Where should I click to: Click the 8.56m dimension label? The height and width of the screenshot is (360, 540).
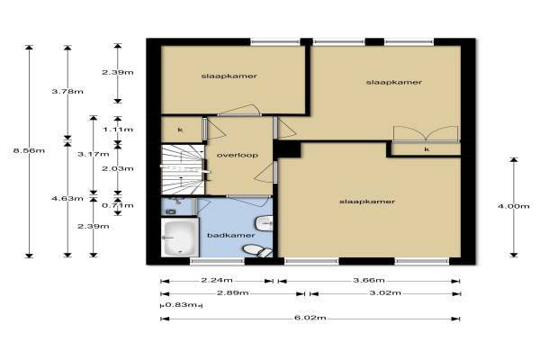pyautogui.click(x=29, y=150)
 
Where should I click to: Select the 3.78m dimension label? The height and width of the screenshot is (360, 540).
pyautogui.click(x=67, y=91)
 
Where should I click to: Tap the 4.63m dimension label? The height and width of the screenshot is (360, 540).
pyautogui.click(x=67, y=198)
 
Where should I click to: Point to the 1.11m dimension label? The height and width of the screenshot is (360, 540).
pyautogui.click(x=118, y=130)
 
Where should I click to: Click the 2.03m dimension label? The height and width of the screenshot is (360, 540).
pyautogui.click(x=118, y=168)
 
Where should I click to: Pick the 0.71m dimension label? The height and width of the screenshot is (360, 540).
pyautogui.click(x=118, y=205)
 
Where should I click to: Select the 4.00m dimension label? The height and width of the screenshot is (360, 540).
pyautogui.click(x=514, y=206)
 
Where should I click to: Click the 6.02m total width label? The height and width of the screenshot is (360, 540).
pyautogui.click(x=310, y=318)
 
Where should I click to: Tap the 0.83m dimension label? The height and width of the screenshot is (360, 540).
pyautogui.click(x=181, y=304)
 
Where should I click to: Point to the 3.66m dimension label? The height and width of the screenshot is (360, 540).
pyautogui.click(x=369, y=280)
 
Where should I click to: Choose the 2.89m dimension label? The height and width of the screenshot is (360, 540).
pyautogui.click(x=233, y=292)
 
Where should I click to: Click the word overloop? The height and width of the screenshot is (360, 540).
pyautogui.click(x=238, y=155)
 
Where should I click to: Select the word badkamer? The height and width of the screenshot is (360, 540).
pyautogui.click(x=231, y=235)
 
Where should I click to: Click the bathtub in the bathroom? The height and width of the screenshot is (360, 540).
pyautogui.click(x=180, y=238)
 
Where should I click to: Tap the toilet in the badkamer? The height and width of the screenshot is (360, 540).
pyautogui.click(x=257, y=250)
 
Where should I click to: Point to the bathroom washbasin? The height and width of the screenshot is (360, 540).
pyautogui.click(x=264, y=224)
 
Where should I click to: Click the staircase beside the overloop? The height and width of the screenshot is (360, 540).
pyautogui.click(x=183, y=169)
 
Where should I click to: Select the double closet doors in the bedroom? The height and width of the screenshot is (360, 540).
pyautogui.click(x=426, y=134)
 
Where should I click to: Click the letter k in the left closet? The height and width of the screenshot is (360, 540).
pyautogui.click(x=180, y=130)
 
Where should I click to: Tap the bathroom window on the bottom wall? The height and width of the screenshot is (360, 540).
pyautogui.click(x=217, y=262)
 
